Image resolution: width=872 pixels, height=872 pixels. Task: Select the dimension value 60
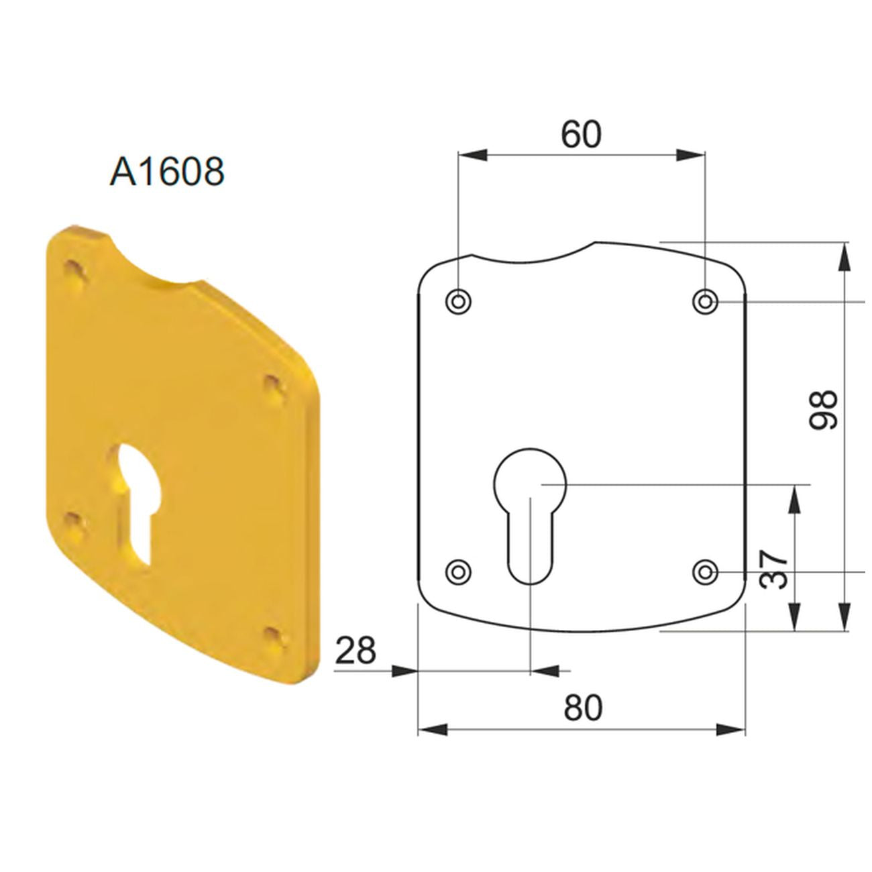[581, 134]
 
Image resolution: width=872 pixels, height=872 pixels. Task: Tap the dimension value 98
[823, 410]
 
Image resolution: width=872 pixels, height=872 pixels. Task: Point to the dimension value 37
[773, 569]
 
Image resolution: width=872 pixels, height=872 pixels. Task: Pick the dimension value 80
[582, 708]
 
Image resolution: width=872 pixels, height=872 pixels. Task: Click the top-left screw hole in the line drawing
[458, 301]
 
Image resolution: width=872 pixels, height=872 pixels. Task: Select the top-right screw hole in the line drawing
[704, 301]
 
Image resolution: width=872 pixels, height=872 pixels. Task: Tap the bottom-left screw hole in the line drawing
[458, 571]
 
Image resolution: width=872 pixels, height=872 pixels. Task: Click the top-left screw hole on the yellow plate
[74, 272]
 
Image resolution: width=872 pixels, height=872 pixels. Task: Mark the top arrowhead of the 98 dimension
[844, 255]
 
